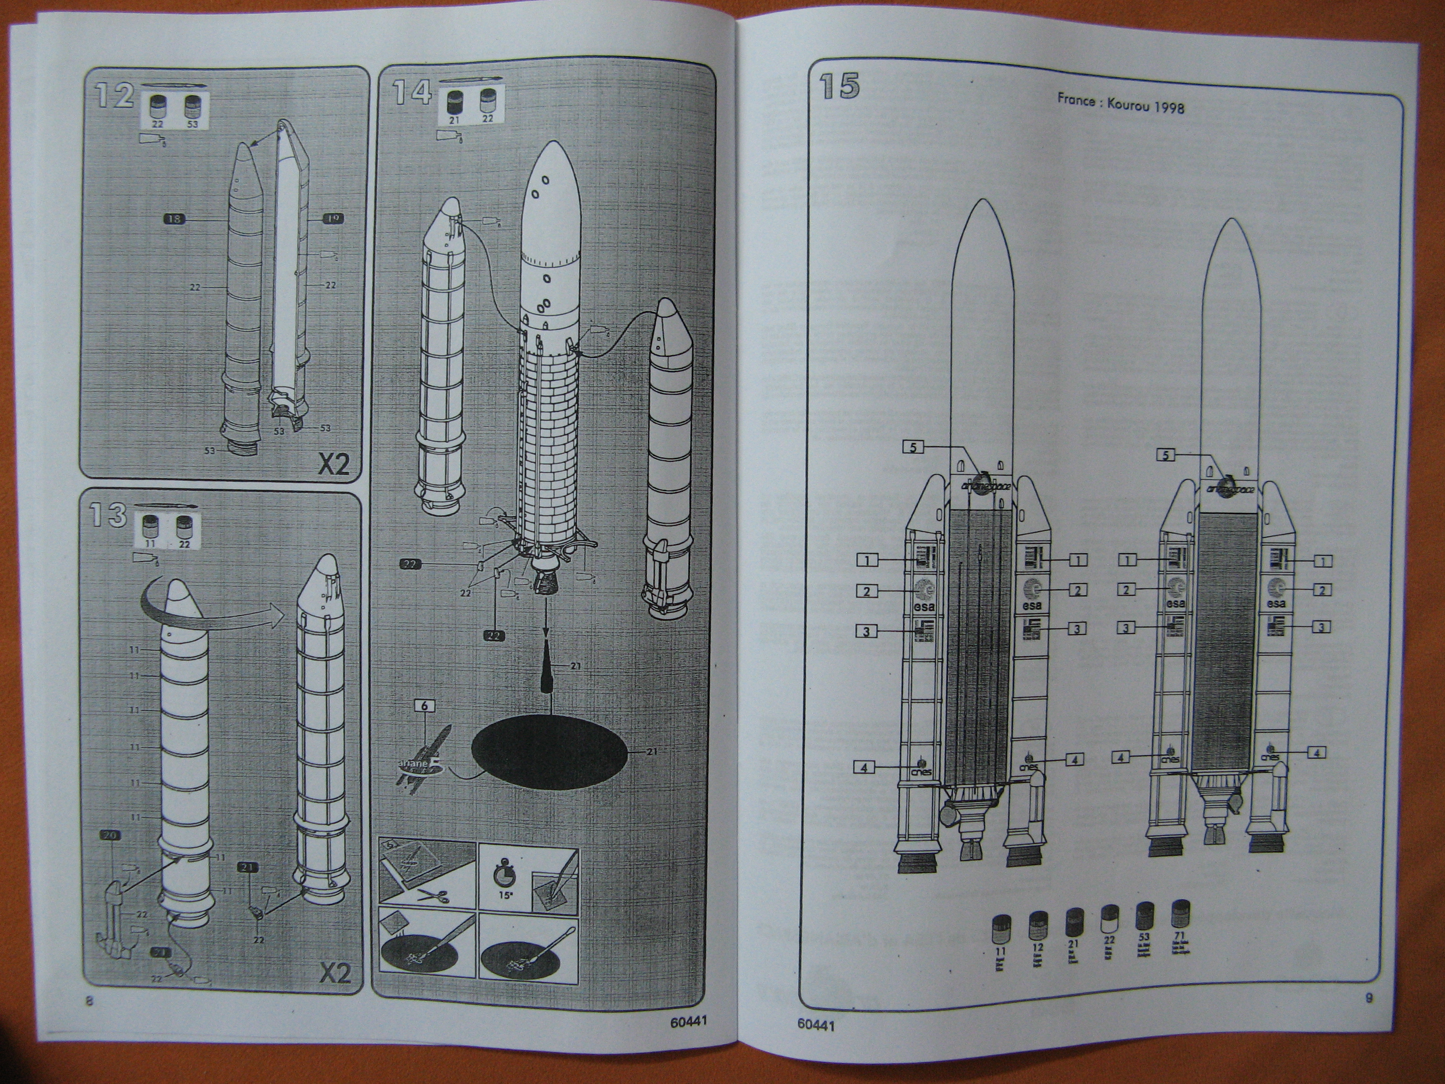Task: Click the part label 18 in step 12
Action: pos(174,220)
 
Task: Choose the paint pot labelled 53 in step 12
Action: pos(191,106)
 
